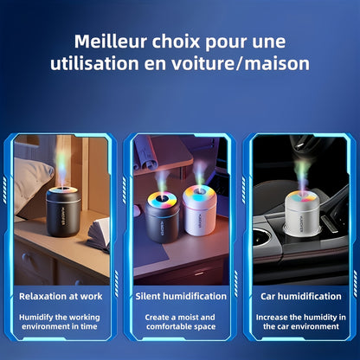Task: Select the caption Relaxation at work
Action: coord(60,296)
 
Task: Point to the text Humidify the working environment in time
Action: coord(60,322)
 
